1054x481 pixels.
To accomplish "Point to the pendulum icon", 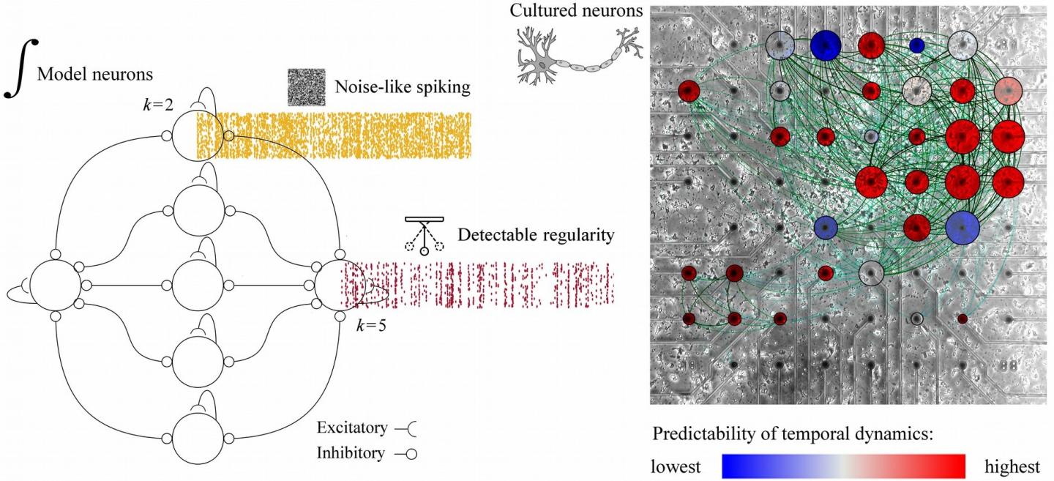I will (x=424, y=236).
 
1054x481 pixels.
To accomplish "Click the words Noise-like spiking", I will (x=403, y=89).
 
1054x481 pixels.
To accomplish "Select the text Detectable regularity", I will (x=536, y=235).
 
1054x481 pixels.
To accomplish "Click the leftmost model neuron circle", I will (x=55, y=284).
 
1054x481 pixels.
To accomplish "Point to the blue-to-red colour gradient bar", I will (x=849, y=466).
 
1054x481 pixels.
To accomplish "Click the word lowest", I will (x=676, y=466).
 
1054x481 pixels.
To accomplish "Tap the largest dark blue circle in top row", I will (x=826, y=45).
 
